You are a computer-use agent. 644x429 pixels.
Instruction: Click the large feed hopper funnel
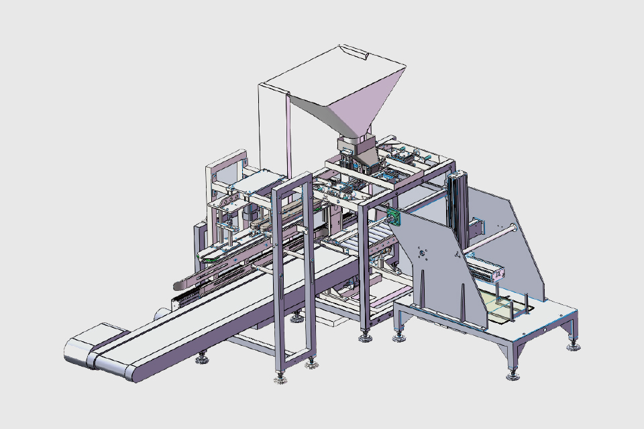(349, 94)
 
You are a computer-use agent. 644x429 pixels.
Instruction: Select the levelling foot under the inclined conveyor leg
(201, 362)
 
